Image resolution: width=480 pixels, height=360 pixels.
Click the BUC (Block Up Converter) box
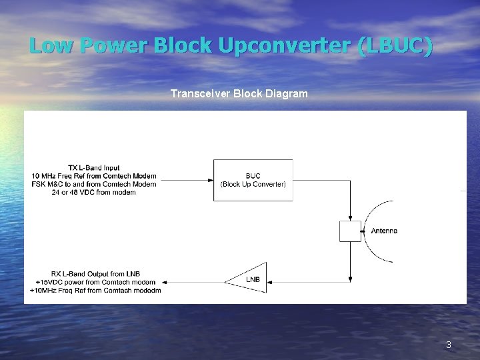pos(253,180)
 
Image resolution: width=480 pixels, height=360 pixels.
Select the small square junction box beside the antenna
pos(350,231)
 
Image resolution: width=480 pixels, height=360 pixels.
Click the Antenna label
pos(384,231)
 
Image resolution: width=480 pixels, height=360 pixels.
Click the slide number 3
pos(449,345)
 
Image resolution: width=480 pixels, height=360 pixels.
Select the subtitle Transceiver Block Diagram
pos(239,94)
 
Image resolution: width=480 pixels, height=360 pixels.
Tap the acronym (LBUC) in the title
pos(395,46)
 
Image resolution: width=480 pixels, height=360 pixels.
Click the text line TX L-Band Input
pos(93,167)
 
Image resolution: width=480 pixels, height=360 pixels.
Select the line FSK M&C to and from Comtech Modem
pos(93,184)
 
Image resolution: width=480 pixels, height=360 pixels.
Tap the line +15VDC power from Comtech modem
pos(95,281)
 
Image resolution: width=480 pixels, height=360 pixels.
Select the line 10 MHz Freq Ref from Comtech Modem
pos(93,175)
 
